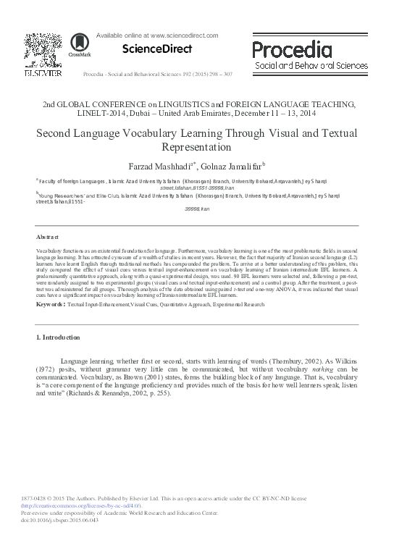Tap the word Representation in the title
tap(197, 147)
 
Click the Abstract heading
tap(49, 238)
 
